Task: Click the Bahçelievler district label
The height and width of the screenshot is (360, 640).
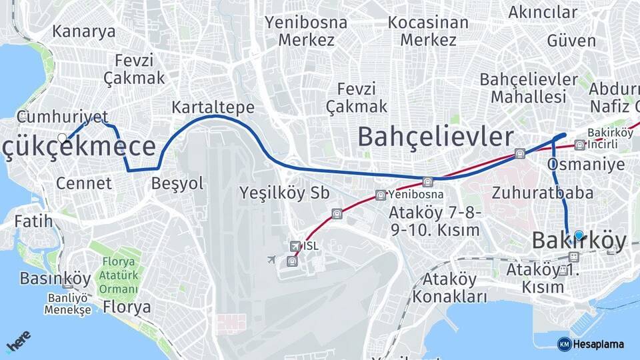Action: tap(436, 137)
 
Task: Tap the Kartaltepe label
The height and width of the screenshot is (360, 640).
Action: tap(213, 107)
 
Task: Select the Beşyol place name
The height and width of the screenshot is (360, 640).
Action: tap(177, 183)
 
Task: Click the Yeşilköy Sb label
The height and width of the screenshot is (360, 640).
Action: tap(284, 193)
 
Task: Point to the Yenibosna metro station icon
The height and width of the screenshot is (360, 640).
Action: tap(380, 195)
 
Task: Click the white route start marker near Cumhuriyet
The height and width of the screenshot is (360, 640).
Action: tap(63, 138)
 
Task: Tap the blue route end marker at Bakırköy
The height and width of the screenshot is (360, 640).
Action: tap(579, 235)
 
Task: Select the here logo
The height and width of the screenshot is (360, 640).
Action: tap(19, 341)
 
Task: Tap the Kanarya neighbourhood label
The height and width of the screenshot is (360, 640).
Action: tap(83, 31)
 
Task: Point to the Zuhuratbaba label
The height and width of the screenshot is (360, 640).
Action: tap(543, 193)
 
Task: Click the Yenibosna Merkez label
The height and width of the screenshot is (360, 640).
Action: tap(306, 31)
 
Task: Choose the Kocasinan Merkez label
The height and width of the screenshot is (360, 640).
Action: tap(428, 31)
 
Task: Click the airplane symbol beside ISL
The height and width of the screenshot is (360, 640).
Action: tap(271, 259)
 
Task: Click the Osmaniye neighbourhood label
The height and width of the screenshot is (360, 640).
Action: tap(586, 164)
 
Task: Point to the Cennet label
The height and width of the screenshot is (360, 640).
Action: tap(84, 183)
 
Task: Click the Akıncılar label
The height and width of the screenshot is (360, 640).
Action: tap(543, 12)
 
